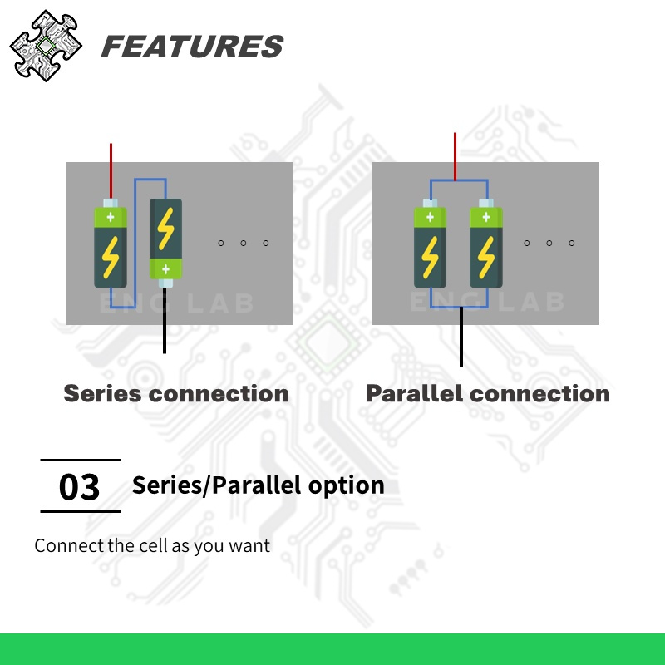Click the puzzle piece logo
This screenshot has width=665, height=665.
47,46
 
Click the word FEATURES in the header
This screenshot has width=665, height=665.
191,47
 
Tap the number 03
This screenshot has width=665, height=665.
80,487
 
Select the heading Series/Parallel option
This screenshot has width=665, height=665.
258,485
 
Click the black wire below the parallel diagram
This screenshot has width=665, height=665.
461,337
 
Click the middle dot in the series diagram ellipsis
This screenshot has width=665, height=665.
243,243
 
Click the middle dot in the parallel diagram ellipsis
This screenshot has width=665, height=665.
549,243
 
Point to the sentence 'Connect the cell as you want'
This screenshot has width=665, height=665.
152,546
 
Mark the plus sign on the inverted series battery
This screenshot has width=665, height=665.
165,268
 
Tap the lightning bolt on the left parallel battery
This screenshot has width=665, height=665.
430,257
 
